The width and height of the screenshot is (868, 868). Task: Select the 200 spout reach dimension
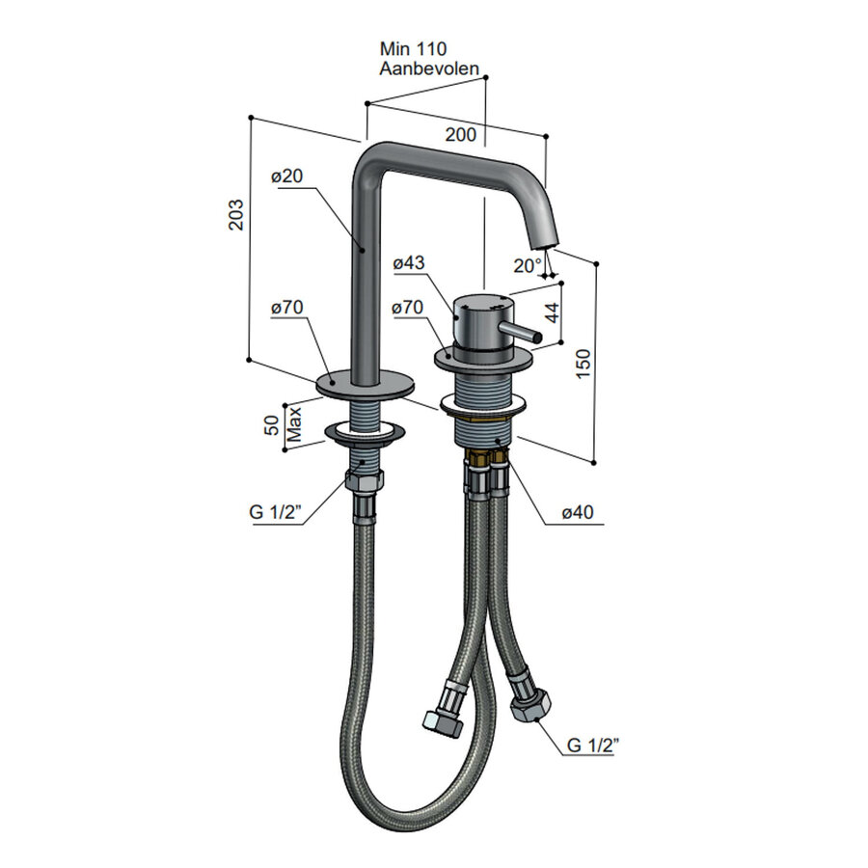(461, 134)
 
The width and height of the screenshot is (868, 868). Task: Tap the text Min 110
(413, 47)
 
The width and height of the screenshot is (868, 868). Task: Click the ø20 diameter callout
(287, 176)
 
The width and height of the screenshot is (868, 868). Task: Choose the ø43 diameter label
(409, 262)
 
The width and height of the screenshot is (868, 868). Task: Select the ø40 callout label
(577, 513)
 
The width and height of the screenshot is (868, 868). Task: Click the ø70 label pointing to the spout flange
(287, 308)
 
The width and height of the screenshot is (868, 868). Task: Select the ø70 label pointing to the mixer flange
(409, 308)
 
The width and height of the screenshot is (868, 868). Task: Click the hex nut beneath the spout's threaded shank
(366, 476)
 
